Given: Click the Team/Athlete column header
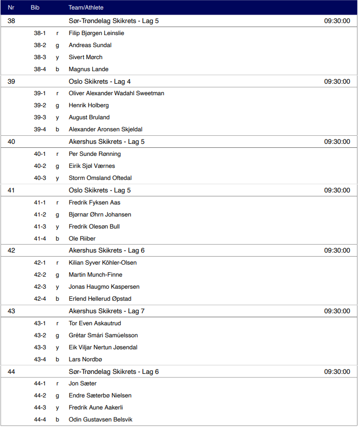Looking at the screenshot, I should click(x=86, y=8).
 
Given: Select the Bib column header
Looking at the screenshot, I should click(x=35, y=8).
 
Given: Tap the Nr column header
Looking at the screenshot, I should click(x=11, y=8).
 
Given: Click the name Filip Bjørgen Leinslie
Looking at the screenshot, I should click(x=96, y=33).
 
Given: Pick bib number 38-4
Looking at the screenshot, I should click(x=40, y=69).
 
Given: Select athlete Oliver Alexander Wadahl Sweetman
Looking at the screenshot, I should click(x=116, y=93).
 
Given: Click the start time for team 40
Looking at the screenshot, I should click(x=337, y=142).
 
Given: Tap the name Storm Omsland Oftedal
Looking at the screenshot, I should click(x=100, y=178).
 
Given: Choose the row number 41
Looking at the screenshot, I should click(x=12, y=190).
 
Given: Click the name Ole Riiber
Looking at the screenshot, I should click(x=82, y=239).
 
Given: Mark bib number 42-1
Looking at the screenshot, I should click(x=40, y=263).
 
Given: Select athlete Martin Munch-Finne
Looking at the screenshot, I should click(x=95, y=275).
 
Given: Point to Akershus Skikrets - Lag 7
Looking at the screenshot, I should click(x=107, y=311).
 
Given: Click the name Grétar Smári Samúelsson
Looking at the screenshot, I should click(x=103, y=335).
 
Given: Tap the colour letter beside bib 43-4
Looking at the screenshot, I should click(x=57, y=359).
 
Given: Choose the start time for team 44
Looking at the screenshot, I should click(x=337, y=372).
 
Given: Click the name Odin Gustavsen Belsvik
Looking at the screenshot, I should click(x=101, y=419).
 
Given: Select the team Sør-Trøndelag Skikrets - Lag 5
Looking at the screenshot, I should click(x=114, y=21).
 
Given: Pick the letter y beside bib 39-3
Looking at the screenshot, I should click(x=57, y=117).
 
